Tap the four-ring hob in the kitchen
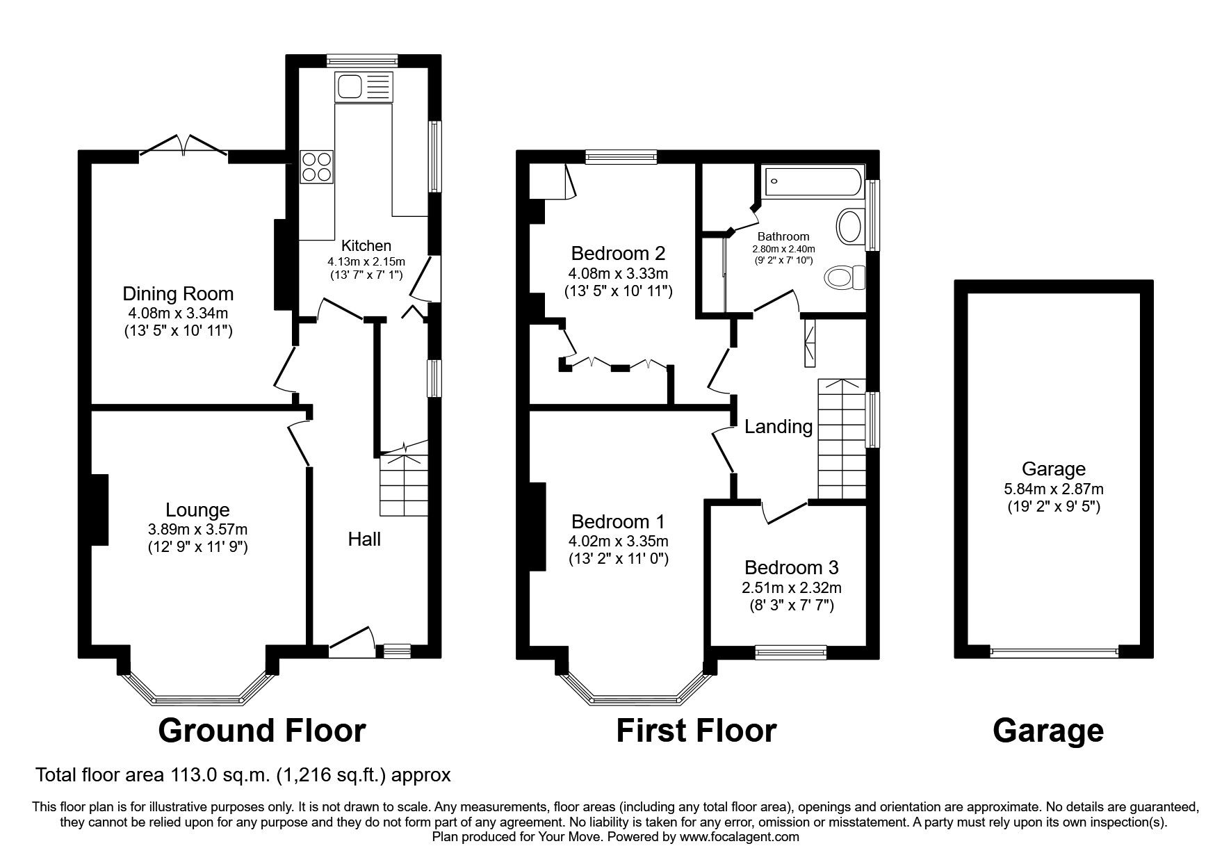point(316,166)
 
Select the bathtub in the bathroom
point(813,181)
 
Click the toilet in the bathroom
point(845,278)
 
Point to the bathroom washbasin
point(849,227)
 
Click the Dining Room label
point(178,293)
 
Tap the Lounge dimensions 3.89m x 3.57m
point(197,529)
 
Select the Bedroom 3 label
point(788,567)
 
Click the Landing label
point(778,426)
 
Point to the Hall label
point(364,539)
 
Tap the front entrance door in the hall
point(352,641)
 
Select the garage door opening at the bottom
point(1054,651)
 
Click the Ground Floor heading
point(262,731)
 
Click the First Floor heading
point(696,731)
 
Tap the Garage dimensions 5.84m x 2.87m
point(1054,489)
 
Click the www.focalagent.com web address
point(740,837)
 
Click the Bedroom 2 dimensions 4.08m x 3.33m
point(618,273)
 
